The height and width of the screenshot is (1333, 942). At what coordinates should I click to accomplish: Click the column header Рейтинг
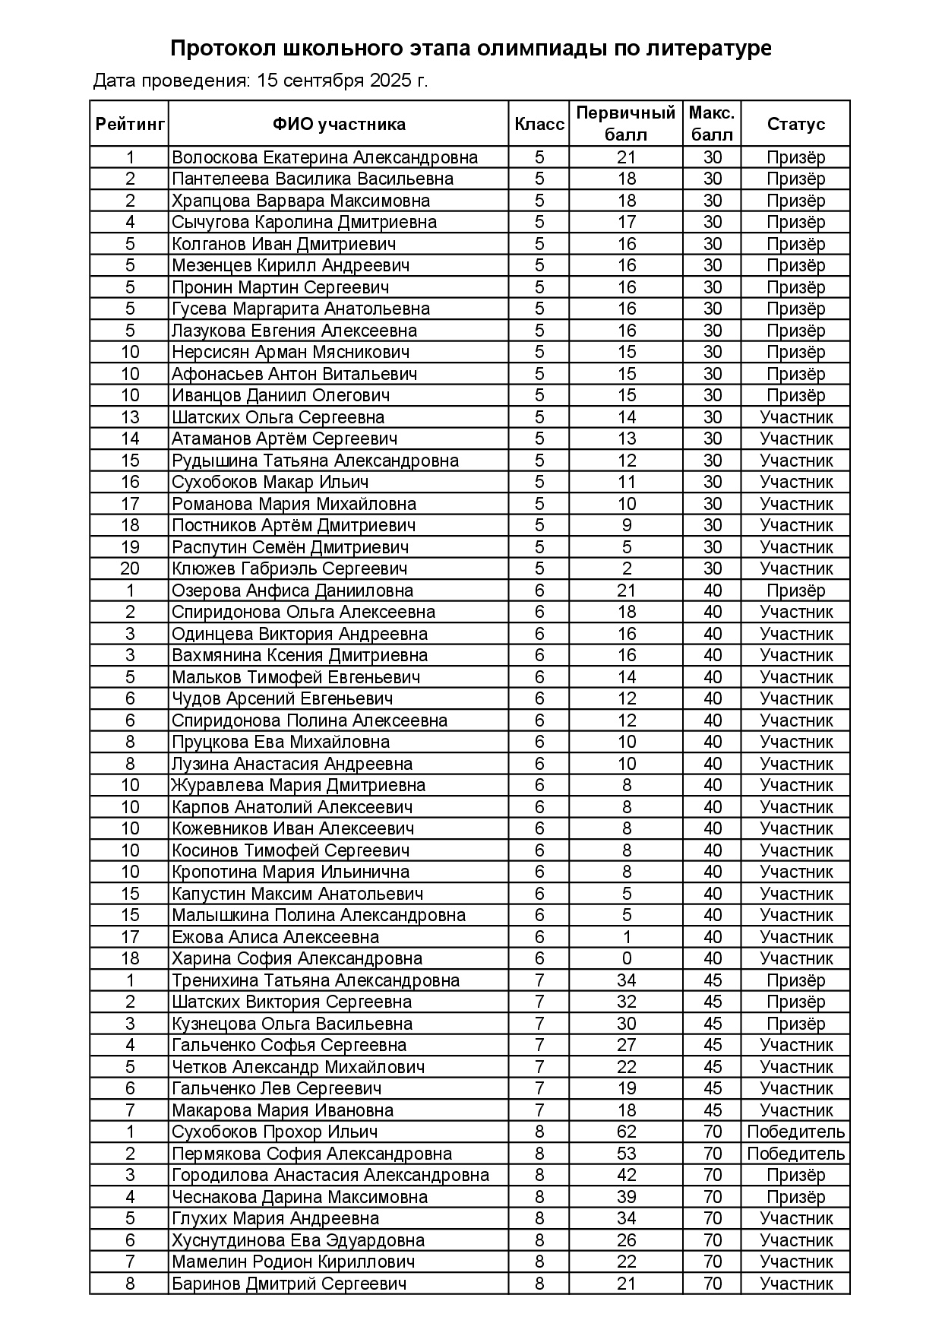(x=130, y=124)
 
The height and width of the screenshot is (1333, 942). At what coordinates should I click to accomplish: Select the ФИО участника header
(x=339, y=124)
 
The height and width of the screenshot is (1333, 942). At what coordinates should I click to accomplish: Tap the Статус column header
(x=795, y=124)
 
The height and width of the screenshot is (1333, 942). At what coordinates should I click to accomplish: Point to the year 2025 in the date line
(x=390, y=81)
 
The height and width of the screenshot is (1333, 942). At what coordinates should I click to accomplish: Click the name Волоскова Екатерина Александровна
(x=325, y=157)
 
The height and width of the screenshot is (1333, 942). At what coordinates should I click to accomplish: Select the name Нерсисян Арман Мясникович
(x=290, y=352)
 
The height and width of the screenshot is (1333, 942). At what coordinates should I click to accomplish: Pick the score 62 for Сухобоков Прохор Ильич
(x=626, y=1132)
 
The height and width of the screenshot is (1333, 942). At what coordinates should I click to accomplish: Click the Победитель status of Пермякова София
(x=795, y=1154)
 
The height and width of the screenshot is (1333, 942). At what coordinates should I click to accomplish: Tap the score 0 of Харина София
(x=626, y=958)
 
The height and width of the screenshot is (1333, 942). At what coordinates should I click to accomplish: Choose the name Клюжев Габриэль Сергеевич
(x=289, y=568)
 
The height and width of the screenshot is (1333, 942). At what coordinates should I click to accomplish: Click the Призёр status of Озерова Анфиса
(x=795, y=591)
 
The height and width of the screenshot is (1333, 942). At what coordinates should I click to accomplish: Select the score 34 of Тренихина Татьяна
(x=626, y=980)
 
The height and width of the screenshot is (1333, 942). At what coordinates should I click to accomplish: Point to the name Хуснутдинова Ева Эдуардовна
(x=298, y=1240)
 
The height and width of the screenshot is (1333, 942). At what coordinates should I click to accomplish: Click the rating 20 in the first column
(x=130, y=568)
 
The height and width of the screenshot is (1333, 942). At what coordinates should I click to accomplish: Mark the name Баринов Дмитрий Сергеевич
(x=289, y=1284)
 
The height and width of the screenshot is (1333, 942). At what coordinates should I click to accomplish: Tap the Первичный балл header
(x=626, y=124)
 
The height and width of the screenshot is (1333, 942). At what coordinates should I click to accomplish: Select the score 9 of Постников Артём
(x=626, y=525)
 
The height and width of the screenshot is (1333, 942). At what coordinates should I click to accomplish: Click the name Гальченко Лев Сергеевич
(x=277, y=1088)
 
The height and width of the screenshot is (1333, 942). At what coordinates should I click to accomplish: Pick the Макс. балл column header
(x=712, y=124)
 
